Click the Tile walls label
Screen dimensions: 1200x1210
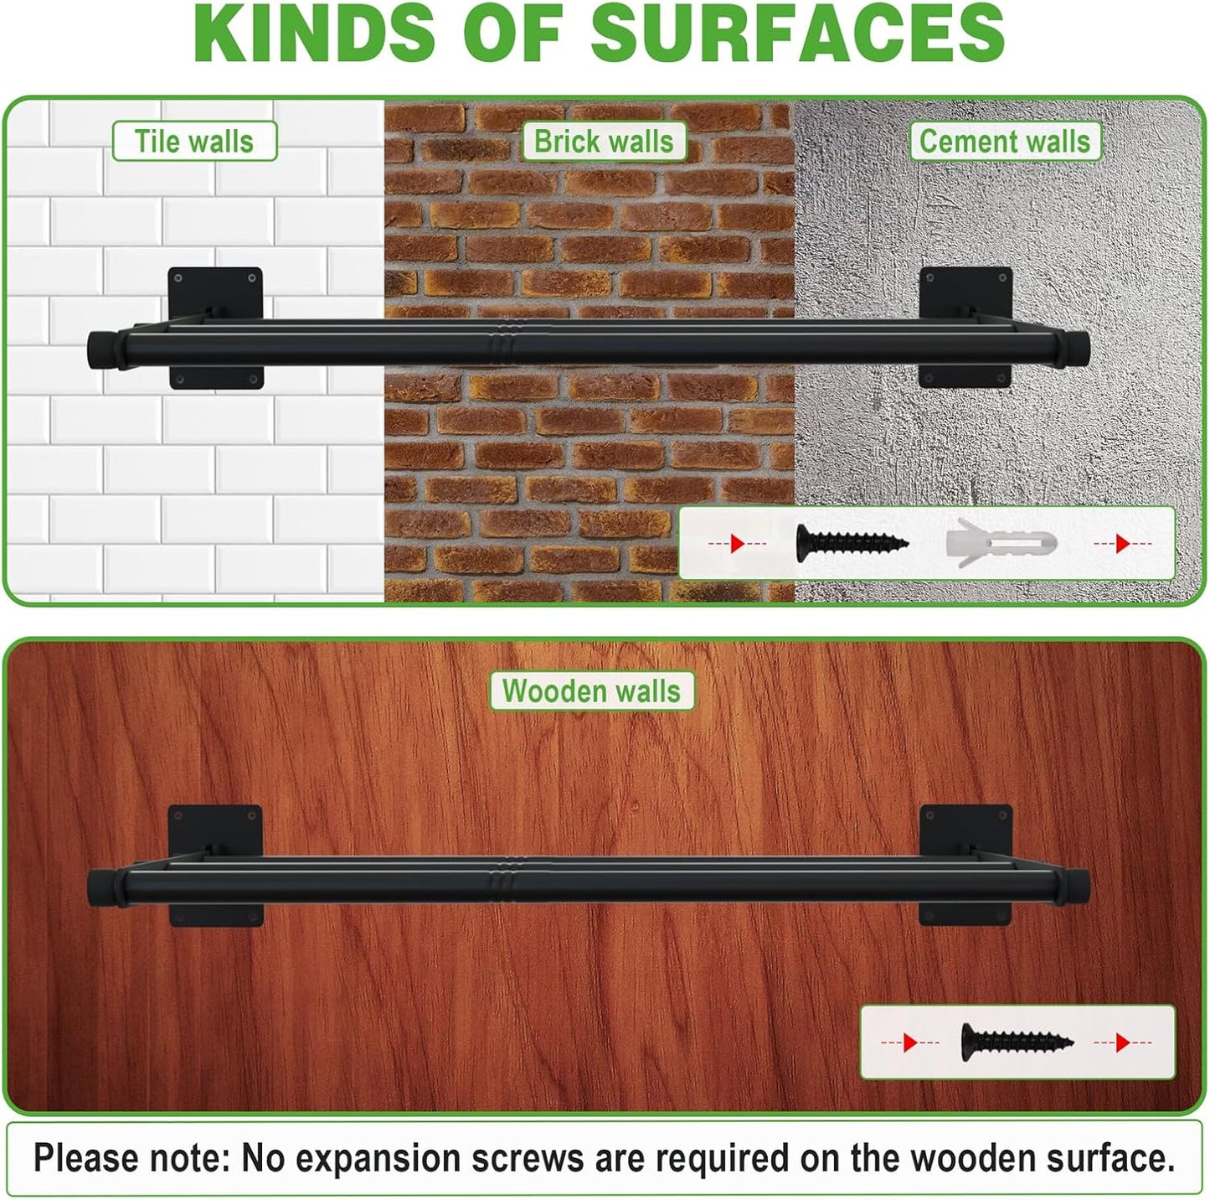[x=194, y=142]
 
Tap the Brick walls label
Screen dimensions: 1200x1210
[x=603, y=142]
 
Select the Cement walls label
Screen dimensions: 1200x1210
[x=1004, y=142]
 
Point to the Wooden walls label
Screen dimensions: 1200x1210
[x=591, y=691]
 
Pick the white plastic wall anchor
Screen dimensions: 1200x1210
[x=1000, y=543]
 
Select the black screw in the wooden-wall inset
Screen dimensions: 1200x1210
[x=1016, y=1042]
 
